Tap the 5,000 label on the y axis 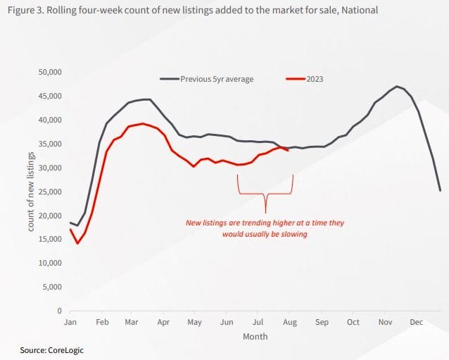pyautogui.click(x=53, y=287)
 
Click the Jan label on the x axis pyautogui.click(x=70, y=322)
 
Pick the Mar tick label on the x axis pyautogui.click(x=132, y=322)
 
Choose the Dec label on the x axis pyautogui.click(x=416, y=322)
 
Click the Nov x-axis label pyautogui.click(x=385, y=322)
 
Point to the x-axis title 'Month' pyautogui.click(x=255, y=337)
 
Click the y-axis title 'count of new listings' pyautogui.click(x=31, y=192)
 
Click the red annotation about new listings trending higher pyautogui.click(x=265, y=228)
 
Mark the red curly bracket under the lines pyautogui.click(x=265, y=194)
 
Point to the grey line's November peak pyautogui.click(x=398, y=87)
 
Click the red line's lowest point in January pyautogui.click(x=77, y=243)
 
